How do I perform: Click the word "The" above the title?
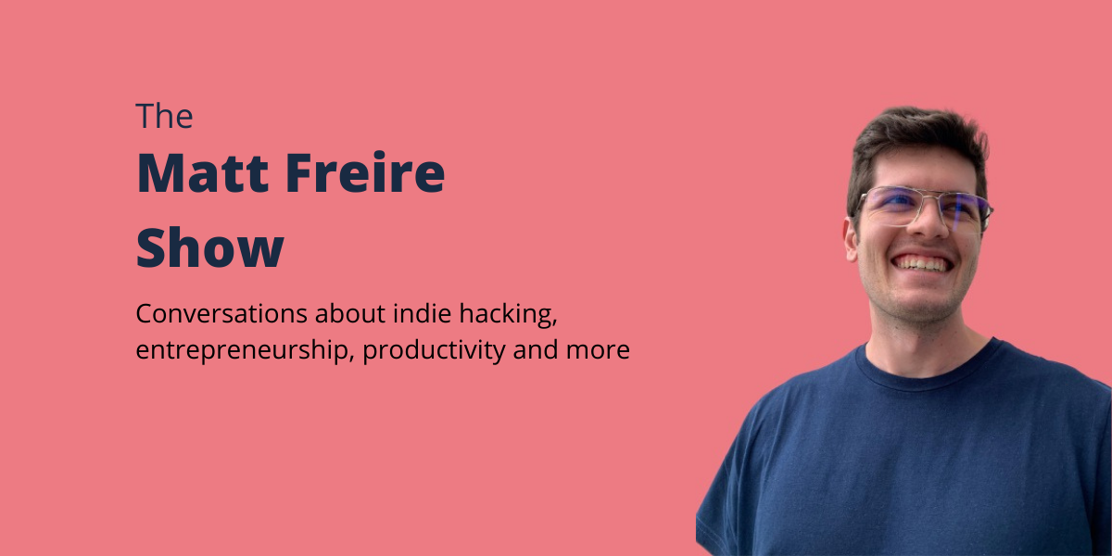pyautogui.click(x=164, y=117)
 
